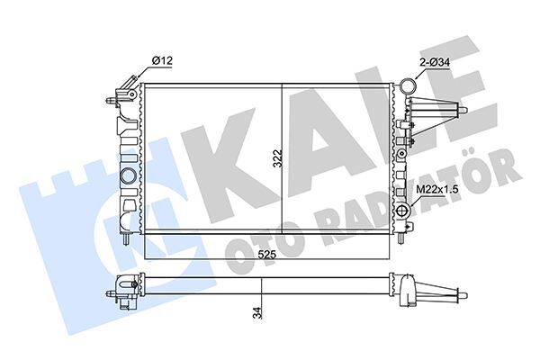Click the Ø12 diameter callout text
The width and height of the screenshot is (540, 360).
tap(162, 60)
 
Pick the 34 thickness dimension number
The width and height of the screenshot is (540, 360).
tap(259, 314)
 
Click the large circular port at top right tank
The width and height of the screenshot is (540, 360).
tap(409, 88)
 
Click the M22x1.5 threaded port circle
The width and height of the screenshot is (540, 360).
tap(405, 211)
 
